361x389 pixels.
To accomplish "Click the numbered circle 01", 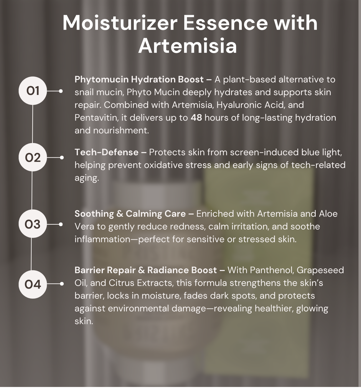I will (33, 91).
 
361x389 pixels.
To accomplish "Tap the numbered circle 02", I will (33, 157).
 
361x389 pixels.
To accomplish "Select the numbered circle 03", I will (33, 224).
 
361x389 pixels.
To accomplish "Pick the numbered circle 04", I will (33, 284).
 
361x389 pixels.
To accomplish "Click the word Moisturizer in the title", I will (120, 23).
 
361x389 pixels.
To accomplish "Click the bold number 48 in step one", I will (196, 117).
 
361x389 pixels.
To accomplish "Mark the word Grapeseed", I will (320, 270).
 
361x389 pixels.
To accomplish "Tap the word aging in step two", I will (86, 178).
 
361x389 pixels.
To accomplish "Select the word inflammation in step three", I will (102, 239).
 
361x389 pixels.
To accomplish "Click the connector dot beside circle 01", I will (61, 91).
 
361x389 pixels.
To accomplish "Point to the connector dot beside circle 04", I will (62, 284).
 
